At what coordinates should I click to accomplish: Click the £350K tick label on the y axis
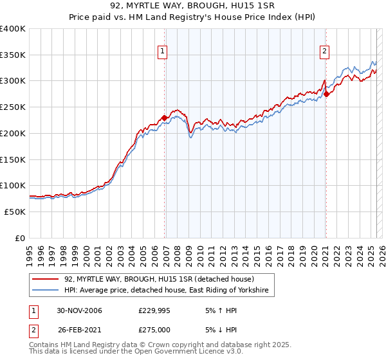13,55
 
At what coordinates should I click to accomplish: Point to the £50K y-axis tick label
15,212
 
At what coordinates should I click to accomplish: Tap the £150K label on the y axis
13,159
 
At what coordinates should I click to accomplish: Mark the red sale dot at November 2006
165,118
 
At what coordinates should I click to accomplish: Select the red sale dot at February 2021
326,94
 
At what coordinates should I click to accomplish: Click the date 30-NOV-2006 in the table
79,310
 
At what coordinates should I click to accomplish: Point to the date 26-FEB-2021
79,330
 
